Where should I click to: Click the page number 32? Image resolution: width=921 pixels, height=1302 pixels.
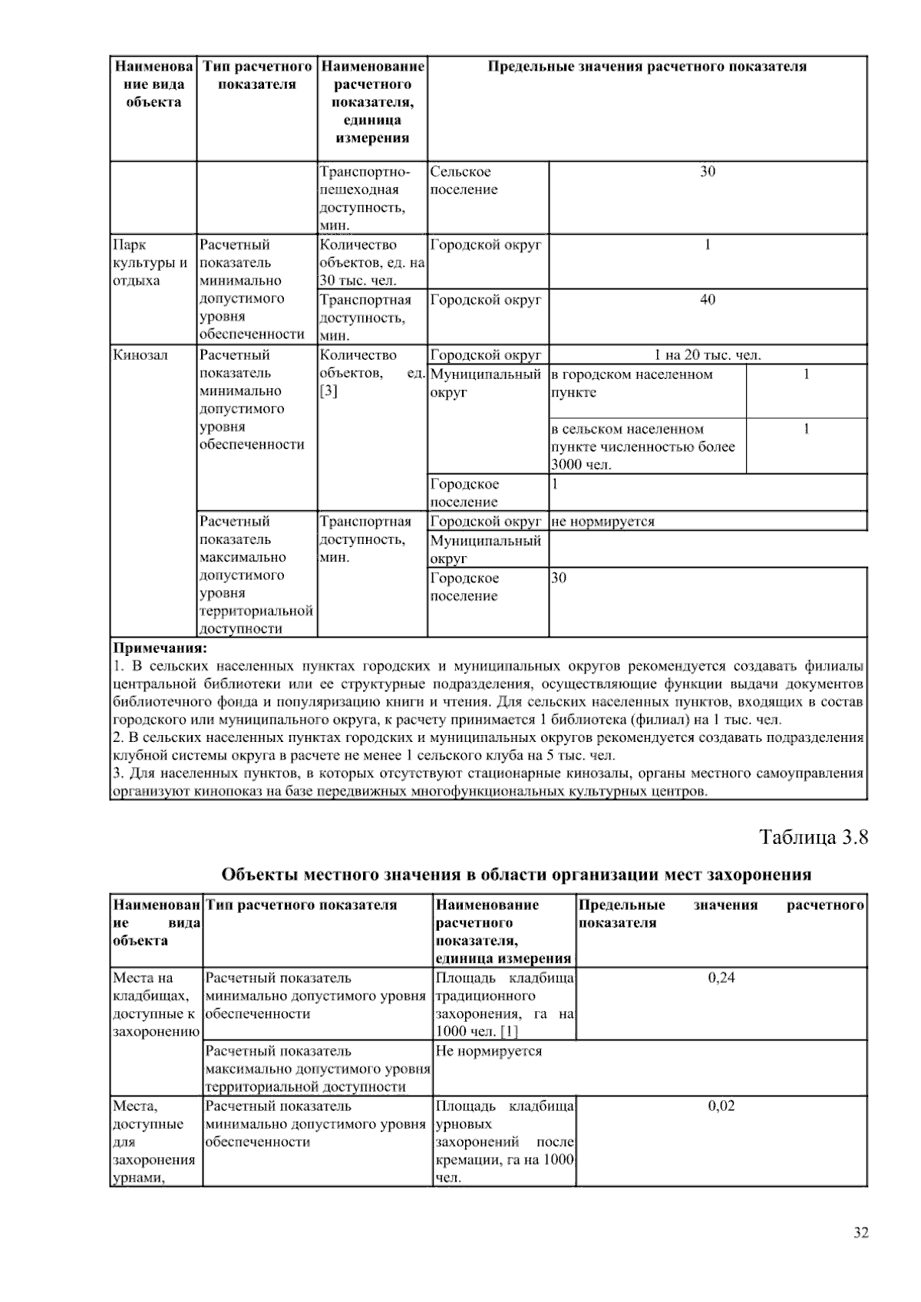pyautogui.click(x=860, y=1233)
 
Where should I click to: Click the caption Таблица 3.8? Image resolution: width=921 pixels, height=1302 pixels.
pyautogui.click(x=814, y=836)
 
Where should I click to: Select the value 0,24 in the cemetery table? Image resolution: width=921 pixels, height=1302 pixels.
pyautogui.click(x=721, y=977)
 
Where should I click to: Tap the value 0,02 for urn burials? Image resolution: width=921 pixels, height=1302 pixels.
pyautogui.click(x=721, y=1106)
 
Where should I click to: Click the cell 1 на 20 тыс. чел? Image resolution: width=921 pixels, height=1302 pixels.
pyautogui.click(x=707, y=355)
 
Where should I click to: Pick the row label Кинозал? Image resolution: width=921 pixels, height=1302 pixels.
pyautogui.click(x=140, y=355)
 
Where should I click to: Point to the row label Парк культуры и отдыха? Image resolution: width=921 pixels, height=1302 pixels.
pyautogui.click(x=150, y=262)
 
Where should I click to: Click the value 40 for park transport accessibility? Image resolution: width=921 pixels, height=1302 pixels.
pyautogui.click(x=707, y=299)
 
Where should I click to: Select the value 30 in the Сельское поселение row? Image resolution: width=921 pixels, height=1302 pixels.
pyautogui.click(x=707, y=171)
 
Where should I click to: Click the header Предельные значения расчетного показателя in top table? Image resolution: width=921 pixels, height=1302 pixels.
pyautogui.click(x=647, y=67)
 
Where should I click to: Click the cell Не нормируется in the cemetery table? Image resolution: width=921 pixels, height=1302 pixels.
pyautogui.click(x=488, y=1051)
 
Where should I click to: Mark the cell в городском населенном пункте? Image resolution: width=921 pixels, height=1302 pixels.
pyautogui.click(x=632, y=384)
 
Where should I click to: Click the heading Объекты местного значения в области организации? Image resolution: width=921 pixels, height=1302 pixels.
pyautogui.click(x=516, y=875)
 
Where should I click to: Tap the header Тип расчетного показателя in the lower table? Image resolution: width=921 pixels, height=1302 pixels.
pyautogui.click(x=302, y=905)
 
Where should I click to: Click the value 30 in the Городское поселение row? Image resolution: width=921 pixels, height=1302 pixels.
pyautogui.click(x=559, y=578)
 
